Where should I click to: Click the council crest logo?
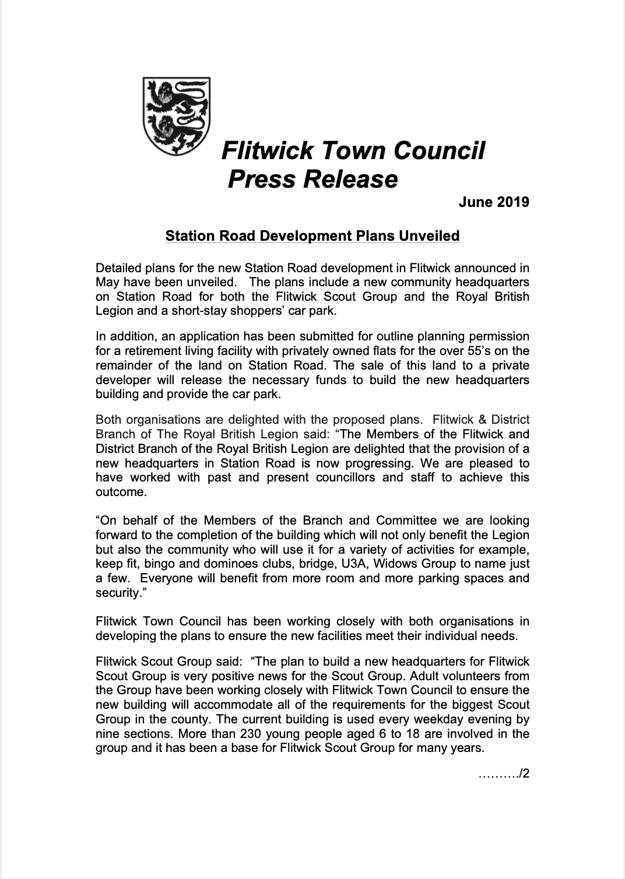tap(177, 117)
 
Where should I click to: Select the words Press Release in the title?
tap(312, 179)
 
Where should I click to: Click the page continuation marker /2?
tap(524, 775)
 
